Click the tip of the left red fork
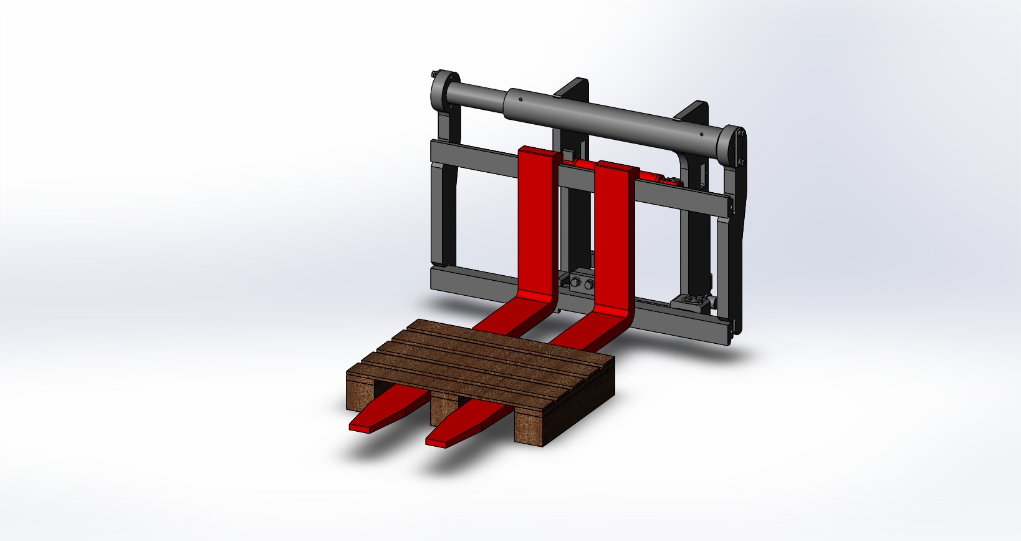(x=360, y=427)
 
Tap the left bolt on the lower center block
(x=574, y=285)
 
